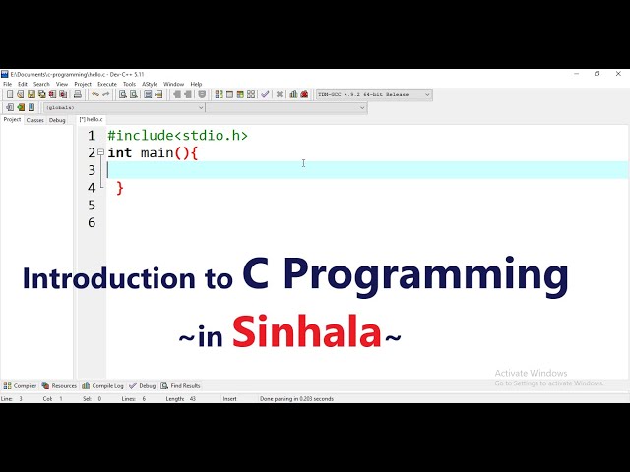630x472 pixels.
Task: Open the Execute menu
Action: point(106,84)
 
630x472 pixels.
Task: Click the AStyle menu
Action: point(150,84)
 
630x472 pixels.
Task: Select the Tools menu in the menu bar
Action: point(129,84)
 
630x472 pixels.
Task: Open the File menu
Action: point(8,84)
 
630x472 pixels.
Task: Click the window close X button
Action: point(619,74)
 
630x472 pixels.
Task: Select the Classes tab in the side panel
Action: point(34,120)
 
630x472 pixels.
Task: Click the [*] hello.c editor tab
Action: point(91,120)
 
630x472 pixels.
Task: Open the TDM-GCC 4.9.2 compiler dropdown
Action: point(373,95)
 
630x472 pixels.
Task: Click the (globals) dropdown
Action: point(123,107)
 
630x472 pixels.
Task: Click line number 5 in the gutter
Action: point(92,206)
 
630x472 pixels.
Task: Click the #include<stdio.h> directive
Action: point(177,136)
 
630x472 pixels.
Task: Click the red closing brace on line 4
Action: point(120,188)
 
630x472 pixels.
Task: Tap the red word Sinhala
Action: point(306,332)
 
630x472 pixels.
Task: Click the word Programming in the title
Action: point(425,276)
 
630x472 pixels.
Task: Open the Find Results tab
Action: point(182,386)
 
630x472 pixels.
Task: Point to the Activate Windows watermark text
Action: point(531,373)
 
